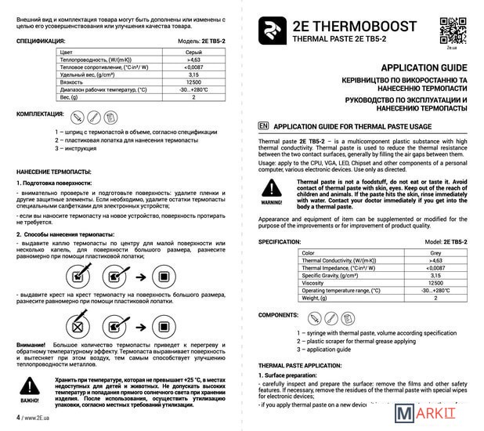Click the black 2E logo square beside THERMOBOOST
pyautogui.click(x=270, y=31)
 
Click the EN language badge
pyautogui.click(x=263, y=125)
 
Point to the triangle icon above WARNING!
pyautogui.click(x=272, y=187)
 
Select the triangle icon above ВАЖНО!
pyautogui.click(x=29, y=383)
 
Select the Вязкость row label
pyautogui.click(x=73, y=81)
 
